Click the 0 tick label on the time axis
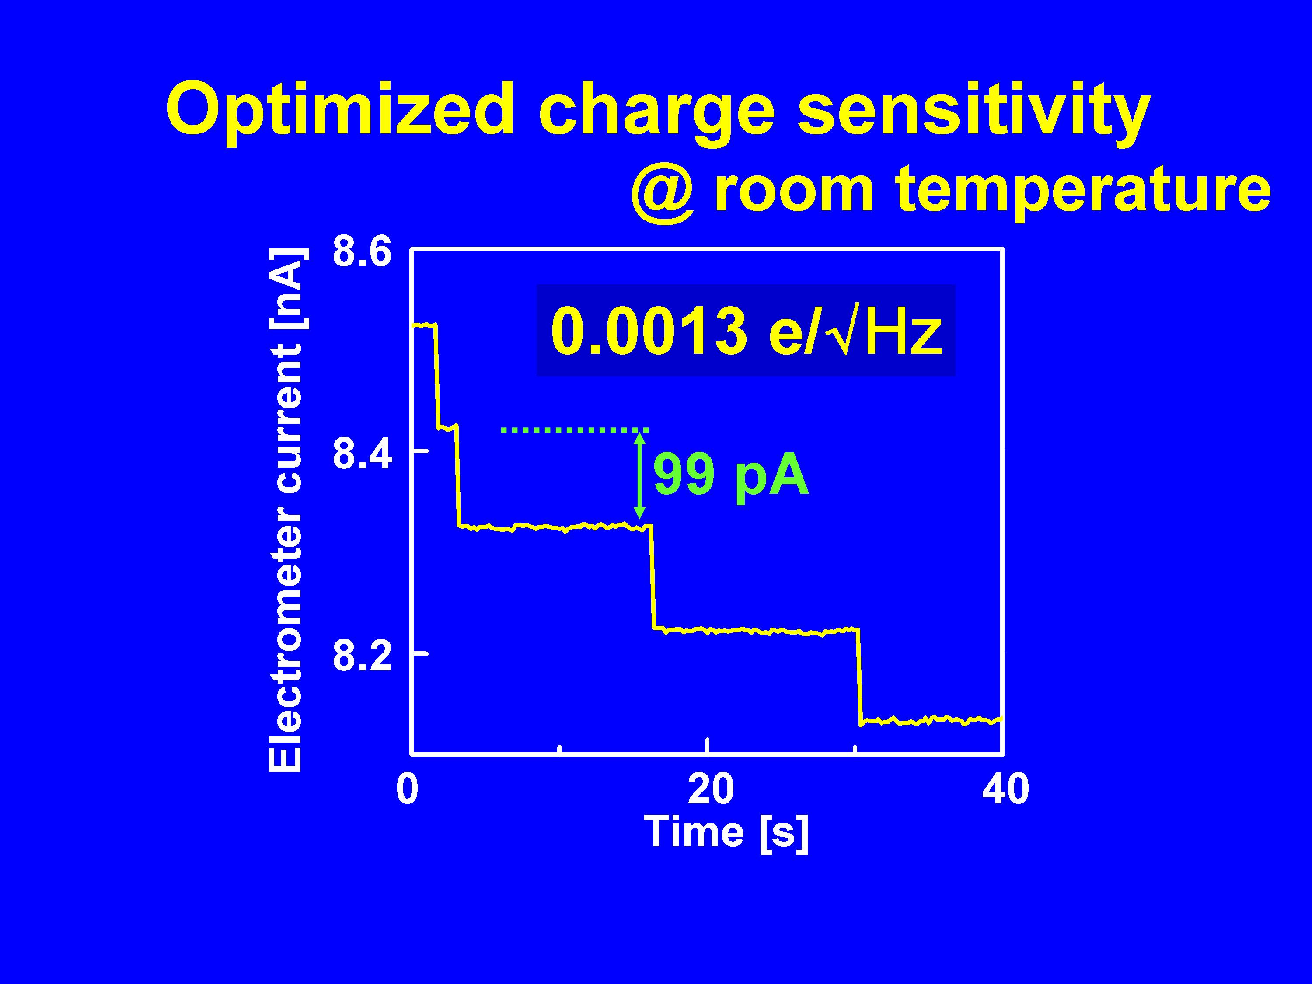click(408, 789)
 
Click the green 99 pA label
click(731, 475)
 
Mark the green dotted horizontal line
click(575, 429)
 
